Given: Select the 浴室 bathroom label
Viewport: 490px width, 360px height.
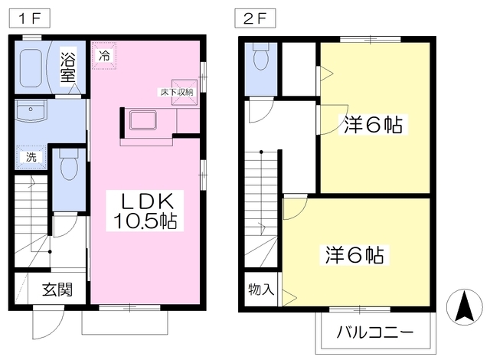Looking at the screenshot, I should pos(69,67).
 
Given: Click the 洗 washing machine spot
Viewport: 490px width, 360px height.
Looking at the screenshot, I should pos(30,157).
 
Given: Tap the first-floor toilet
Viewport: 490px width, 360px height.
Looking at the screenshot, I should pos(68,164).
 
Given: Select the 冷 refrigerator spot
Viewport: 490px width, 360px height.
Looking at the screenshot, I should pos(103,55).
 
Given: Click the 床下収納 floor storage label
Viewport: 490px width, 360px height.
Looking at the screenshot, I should pos(177,92).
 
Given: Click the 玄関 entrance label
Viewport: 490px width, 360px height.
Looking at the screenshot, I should pos(57,290).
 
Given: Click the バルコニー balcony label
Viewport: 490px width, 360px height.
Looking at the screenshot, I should pos(375,334).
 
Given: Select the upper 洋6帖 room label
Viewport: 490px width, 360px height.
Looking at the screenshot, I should pos(373,125).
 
